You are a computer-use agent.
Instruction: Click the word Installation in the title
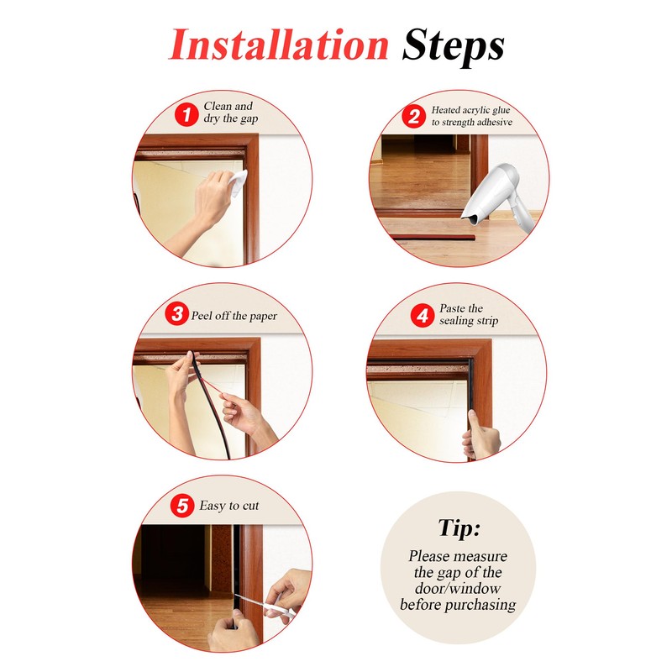(x=279, y=45)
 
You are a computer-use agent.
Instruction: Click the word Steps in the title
(x=453, y=47)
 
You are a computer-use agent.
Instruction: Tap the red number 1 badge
(x=186, y=114)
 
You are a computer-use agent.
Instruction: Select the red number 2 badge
(x=413, y=116)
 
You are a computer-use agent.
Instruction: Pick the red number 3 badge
(x=176, y=313)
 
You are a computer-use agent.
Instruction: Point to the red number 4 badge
(x=423, y=316)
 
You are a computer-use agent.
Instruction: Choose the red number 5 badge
(x=182, y=506)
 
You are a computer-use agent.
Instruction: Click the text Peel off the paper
(x=234, y=316)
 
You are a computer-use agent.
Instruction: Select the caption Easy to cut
(x=228, y=506)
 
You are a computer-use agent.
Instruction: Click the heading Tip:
(x=459, y=528)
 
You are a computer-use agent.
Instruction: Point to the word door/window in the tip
(x=458, y=589)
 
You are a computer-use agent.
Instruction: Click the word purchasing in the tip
(x=480, y=605)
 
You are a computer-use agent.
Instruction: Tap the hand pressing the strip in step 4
(x=481, y=435)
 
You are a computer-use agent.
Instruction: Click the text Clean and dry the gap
(x=230, y=113)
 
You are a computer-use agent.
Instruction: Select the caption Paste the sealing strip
(x=469, y=314)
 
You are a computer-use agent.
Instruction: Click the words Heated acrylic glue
(x=470, y=110)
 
